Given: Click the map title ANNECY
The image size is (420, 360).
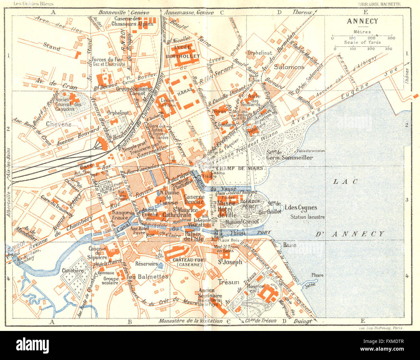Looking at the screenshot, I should tap(362, 21).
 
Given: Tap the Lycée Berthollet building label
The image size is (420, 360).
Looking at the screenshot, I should tap(183, 52).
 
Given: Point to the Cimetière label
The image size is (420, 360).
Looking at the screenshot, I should tap(73, 271).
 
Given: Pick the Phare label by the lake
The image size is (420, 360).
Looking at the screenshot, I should tap(317, 275).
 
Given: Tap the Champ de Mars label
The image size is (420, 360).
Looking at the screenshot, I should tap(230, 168).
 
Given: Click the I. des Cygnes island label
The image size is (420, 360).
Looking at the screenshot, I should tap(300, 208).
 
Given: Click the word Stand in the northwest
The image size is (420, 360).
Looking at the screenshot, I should tap(52, 47).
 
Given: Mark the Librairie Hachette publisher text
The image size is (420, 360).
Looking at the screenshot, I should tap(380, 4).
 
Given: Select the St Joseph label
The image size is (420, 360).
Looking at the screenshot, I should tap(230, 262).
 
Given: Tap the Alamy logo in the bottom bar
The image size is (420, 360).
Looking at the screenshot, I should tap(32, 344).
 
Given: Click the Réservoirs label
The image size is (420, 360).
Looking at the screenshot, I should tap(146, 264).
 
